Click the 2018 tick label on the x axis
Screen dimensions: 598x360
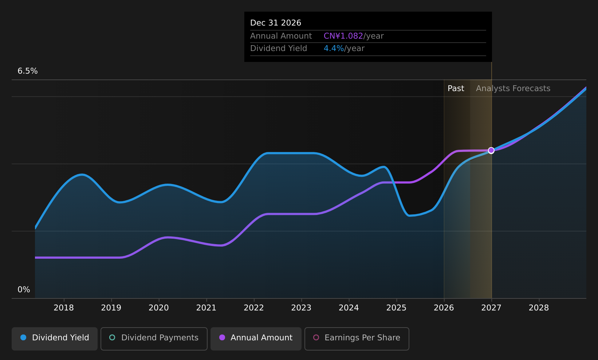click(x=63, y=308)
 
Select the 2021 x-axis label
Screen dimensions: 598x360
click(x=206, y=308)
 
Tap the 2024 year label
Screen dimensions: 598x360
click(x=349, y=308)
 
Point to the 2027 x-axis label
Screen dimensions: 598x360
click(x=491, y=308)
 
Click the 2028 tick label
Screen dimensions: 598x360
click(x=539, y=308)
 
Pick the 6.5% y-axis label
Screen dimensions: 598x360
click(x=28, y=71)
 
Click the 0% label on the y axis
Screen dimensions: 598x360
click(x=24, y=290)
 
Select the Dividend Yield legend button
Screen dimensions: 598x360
click(x=55, y=339)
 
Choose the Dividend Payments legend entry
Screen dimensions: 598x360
click(x=154, y=339)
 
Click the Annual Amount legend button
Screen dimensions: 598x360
click(x=256, y=339)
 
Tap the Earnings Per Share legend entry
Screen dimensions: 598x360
click(x=357, y=339)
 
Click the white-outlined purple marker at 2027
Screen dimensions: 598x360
click(x=491, y=150)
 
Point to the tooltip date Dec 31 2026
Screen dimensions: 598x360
click(x=275, y=23)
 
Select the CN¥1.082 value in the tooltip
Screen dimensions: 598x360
click(x=343, y=36)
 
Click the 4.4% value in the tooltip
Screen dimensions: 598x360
click(x=334, y=48)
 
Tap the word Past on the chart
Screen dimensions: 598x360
click(x=456, y=89)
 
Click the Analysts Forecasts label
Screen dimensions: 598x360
click(x=513, y=89)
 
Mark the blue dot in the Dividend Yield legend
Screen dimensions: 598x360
click(x=23, y=337)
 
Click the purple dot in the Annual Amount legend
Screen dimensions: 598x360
click(x=222, y=337)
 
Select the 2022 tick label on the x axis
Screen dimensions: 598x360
click(x=253, y=308)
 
